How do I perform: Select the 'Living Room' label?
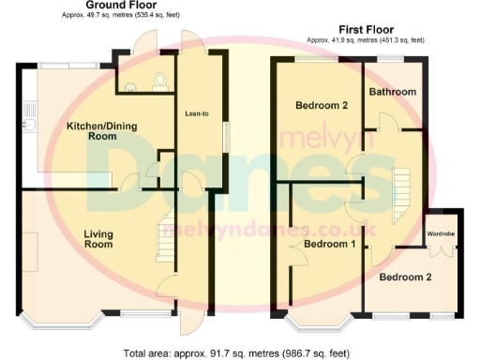point(98,238)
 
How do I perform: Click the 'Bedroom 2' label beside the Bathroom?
point(322,105)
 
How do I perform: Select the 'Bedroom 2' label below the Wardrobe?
point(407,277)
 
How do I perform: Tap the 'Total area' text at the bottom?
point(236,352)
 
